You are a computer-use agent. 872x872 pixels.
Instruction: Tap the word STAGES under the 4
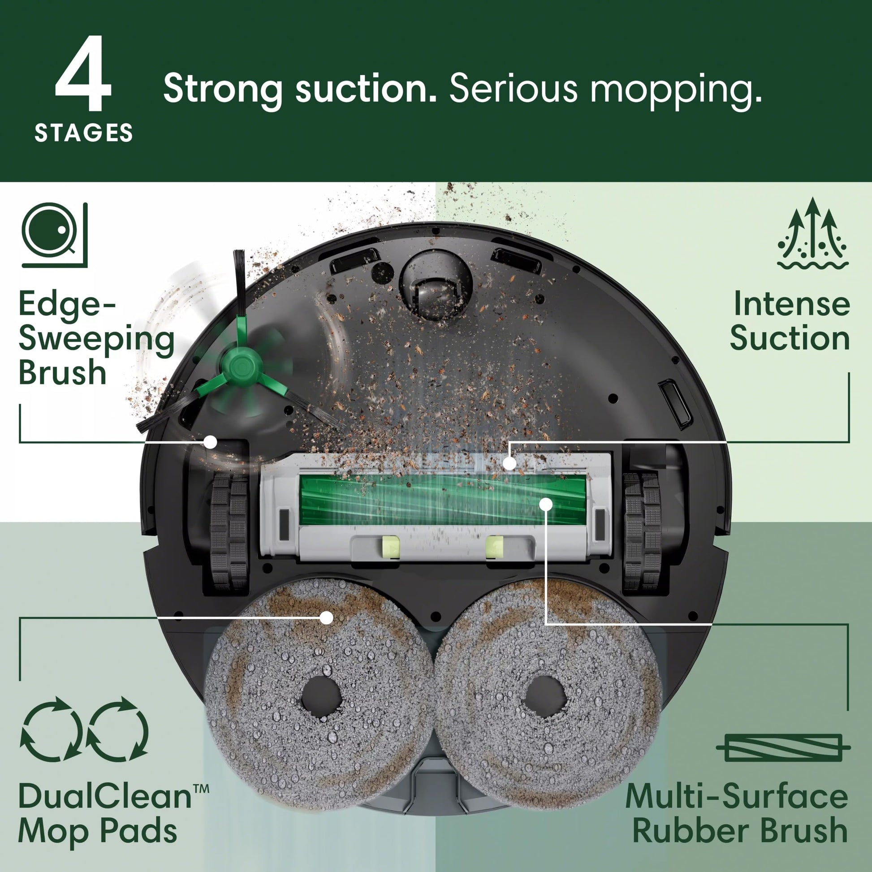(84, 133)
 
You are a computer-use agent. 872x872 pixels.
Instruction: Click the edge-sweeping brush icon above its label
(54, 235)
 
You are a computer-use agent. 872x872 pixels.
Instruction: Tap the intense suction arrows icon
(812, 235)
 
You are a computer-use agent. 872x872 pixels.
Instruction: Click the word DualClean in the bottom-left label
(105, 796)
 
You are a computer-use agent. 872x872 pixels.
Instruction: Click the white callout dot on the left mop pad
(326, 617)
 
